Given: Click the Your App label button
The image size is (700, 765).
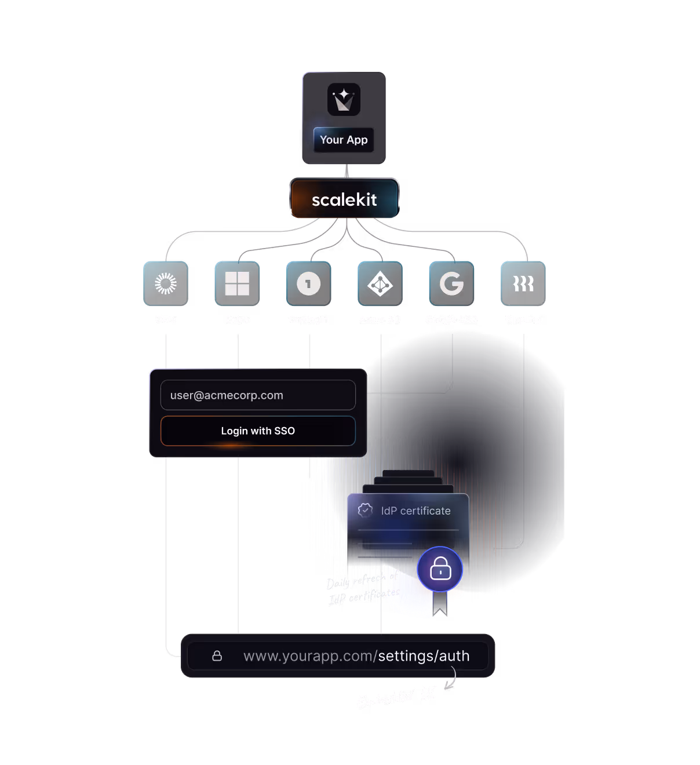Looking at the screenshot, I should coord(344,140).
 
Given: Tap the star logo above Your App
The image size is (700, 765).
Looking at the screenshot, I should coord(344,100).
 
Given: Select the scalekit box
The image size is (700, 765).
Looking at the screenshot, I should coord(344,199).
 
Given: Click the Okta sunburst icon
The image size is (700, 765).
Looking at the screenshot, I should coord(166,283).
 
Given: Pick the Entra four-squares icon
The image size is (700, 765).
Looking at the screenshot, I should coord(237,283).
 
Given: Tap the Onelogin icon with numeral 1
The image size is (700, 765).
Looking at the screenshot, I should coord(308,283).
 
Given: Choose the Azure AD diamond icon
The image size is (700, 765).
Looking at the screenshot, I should coord(380,283).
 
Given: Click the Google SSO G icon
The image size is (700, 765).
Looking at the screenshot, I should coord(451,283).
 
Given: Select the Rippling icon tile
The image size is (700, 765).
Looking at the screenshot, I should coord(523,283).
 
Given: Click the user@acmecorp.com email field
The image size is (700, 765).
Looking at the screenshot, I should coord(258,395).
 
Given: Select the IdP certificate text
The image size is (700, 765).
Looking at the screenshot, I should coord(415,511).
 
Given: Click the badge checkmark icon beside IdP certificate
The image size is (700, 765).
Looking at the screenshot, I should coord(365,510).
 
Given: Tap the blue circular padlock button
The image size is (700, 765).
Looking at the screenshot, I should coord(440,569).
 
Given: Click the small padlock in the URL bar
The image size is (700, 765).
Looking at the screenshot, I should coord(217,655).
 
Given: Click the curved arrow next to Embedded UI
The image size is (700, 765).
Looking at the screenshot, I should coord(451,680).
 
